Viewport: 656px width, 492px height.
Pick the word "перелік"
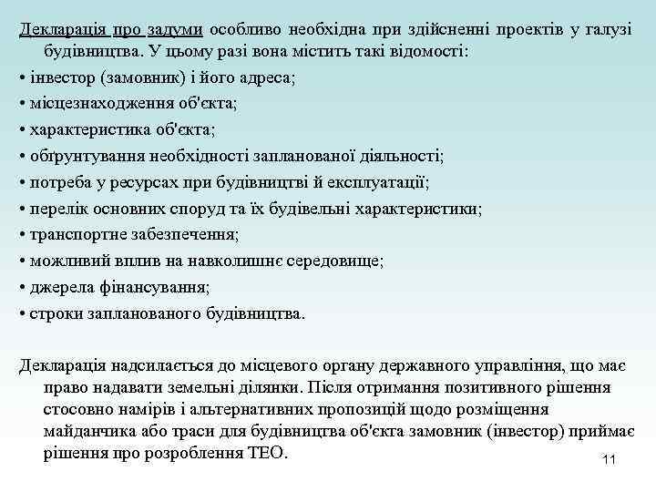click(56, 209)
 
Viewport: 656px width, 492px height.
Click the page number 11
click(610, 459)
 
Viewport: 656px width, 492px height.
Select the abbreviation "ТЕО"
click(266, 453)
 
